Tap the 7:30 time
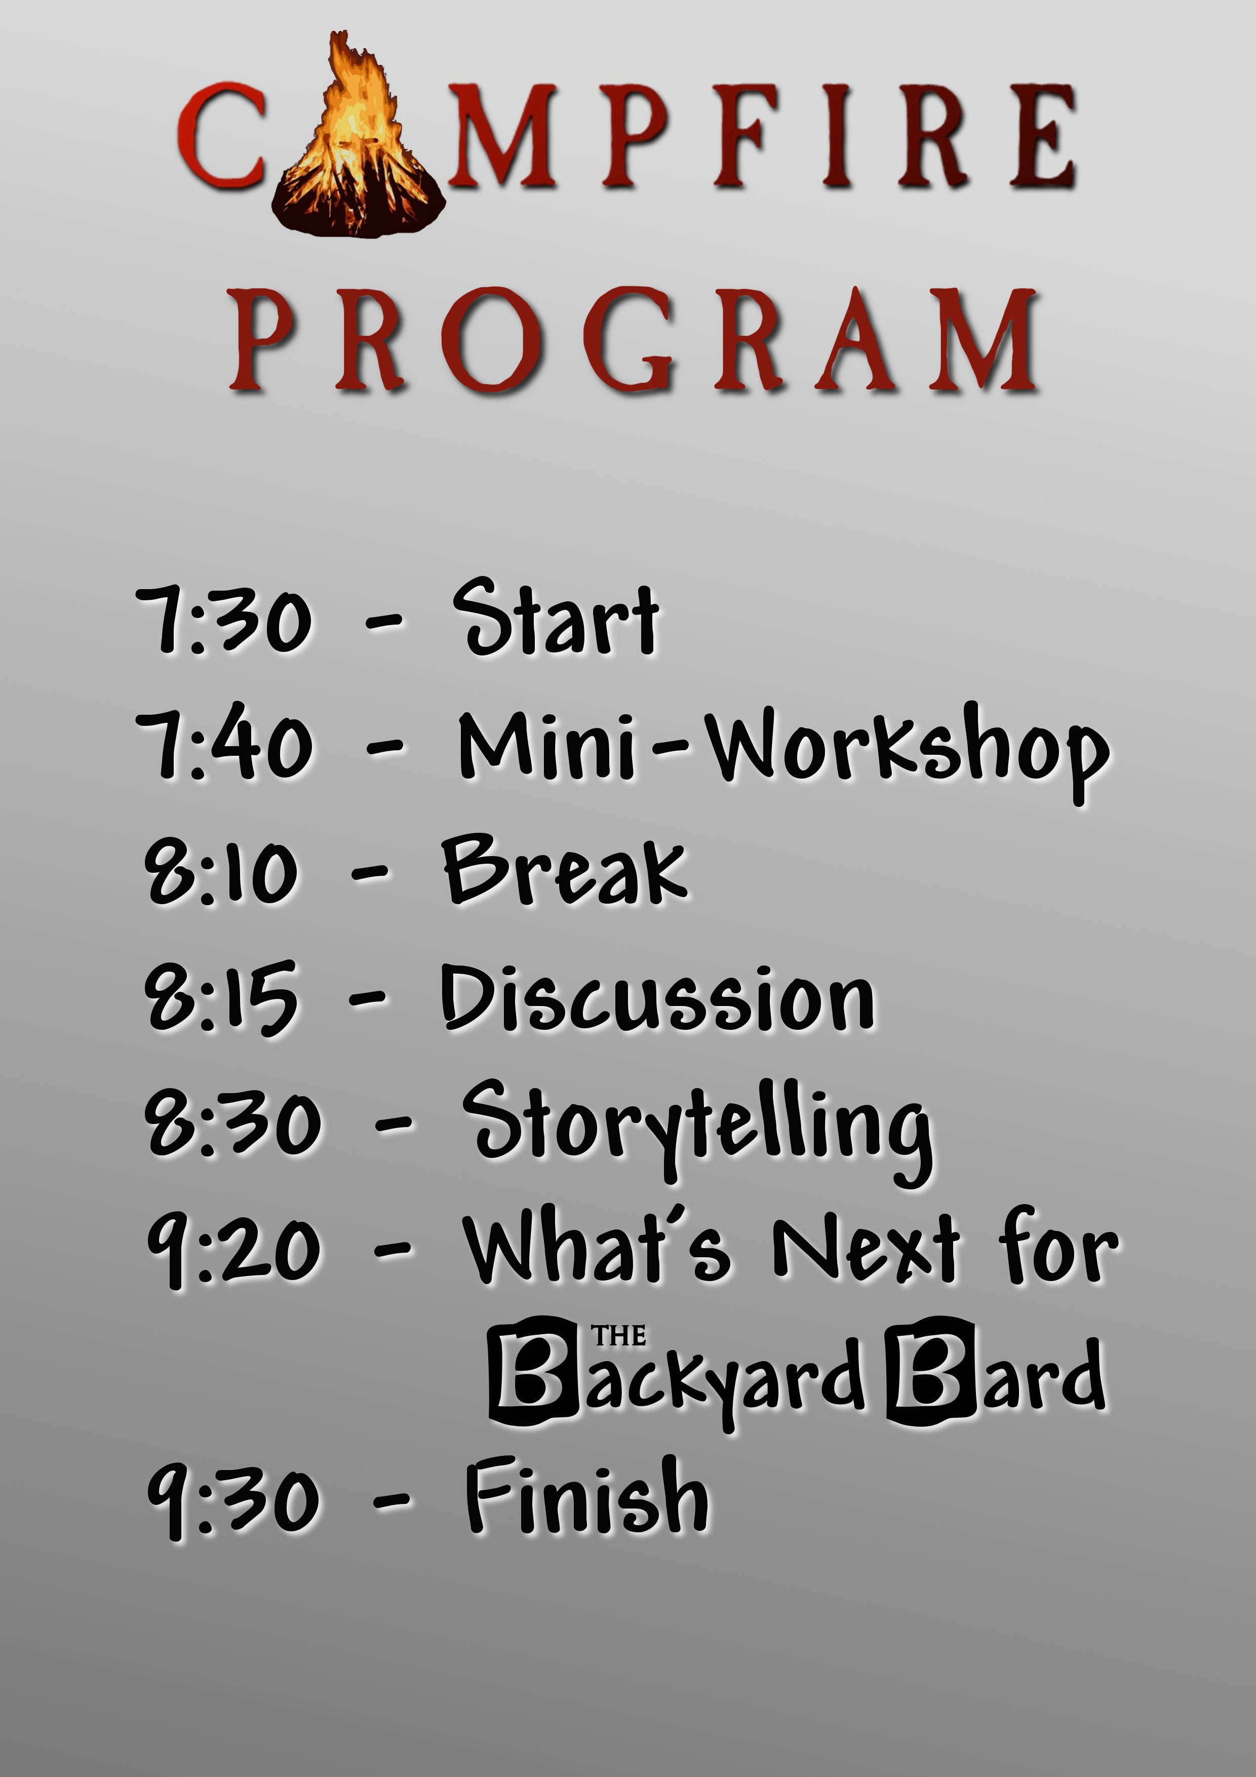pyautogui.click(x=224, y=619)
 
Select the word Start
pyautogui.click(x=556, y=617)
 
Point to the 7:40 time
pyautogui.click(x=224, y=745)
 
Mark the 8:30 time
pyautogui.click(x=232, y=1124)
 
